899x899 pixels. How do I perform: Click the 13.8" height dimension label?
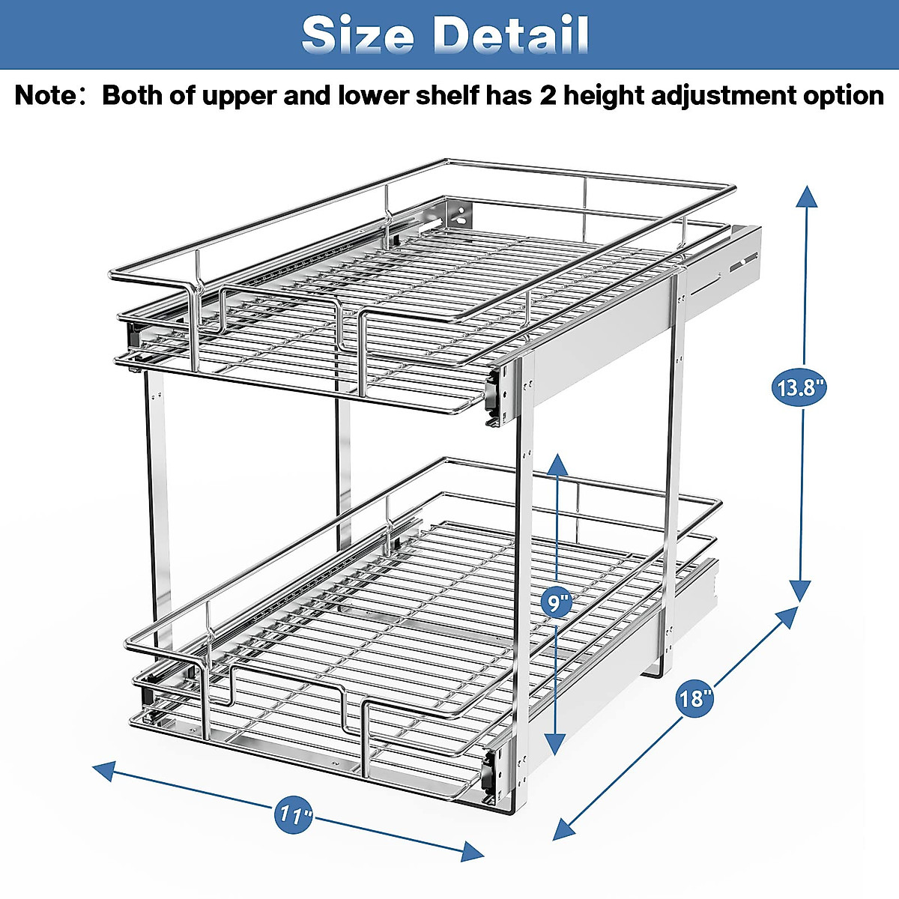(x=799, y=387)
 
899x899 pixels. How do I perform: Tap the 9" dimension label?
(x=556, y=601)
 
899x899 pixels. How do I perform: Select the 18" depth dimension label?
(x=694, y=698)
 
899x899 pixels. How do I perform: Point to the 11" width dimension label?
(x=294, y=814)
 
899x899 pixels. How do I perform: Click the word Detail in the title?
(x=512, y=34)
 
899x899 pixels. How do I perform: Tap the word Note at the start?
(x=46, y=96)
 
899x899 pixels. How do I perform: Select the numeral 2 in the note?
(x=548, y=96)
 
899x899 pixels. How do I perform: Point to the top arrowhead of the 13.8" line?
(x=806, y=196)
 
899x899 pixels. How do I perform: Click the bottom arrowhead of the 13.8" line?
(x=801, y=592)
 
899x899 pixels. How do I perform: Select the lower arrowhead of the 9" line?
(x=555, y=744)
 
